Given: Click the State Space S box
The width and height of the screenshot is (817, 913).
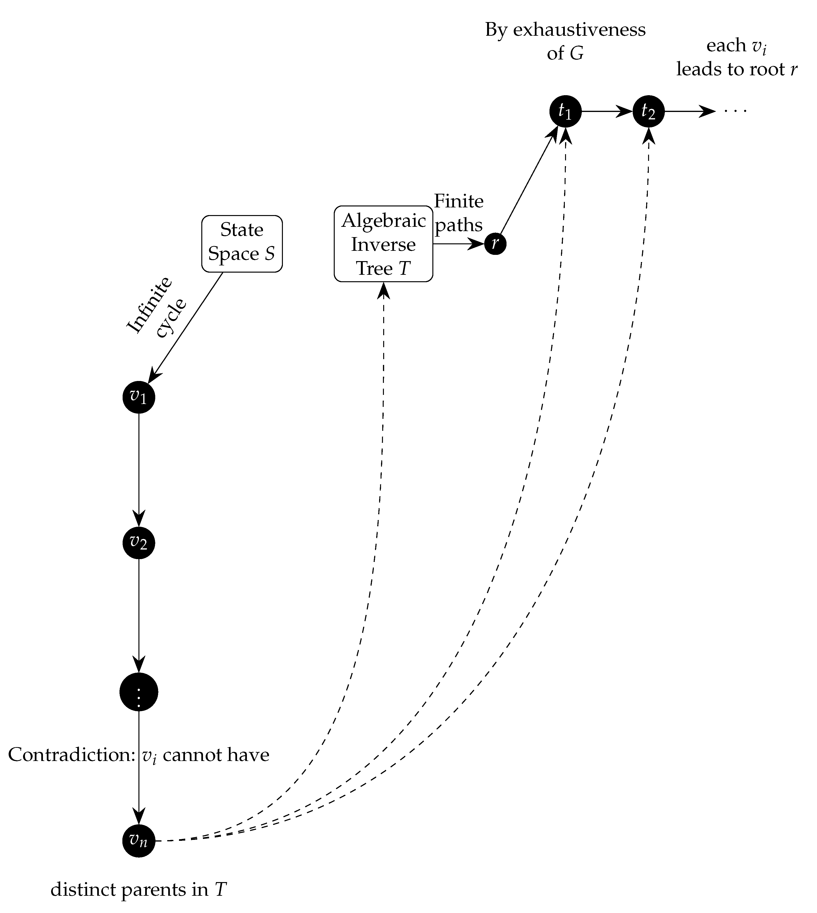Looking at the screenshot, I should [242, 244].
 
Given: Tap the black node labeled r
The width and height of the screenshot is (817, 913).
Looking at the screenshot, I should [495, 244].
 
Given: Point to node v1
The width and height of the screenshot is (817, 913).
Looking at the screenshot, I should [139, 397].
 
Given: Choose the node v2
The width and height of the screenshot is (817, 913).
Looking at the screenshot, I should [139, 543].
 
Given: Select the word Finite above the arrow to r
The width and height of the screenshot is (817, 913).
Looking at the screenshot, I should [458, 201].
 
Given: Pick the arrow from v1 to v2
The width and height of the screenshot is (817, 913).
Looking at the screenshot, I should [139, 469].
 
